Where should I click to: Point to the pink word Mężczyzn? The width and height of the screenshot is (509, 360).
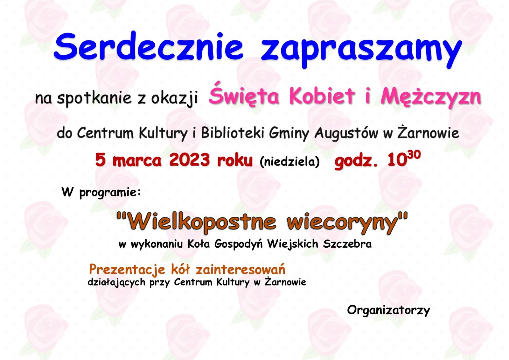[431, 97]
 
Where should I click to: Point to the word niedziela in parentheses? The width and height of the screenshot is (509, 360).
[289, 161]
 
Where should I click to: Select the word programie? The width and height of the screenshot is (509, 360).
[110, 193]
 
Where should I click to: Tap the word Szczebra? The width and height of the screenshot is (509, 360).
[347, 244]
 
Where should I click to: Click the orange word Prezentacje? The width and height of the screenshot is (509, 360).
[127, 270]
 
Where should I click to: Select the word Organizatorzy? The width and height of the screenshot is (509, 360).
[388, 310]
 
